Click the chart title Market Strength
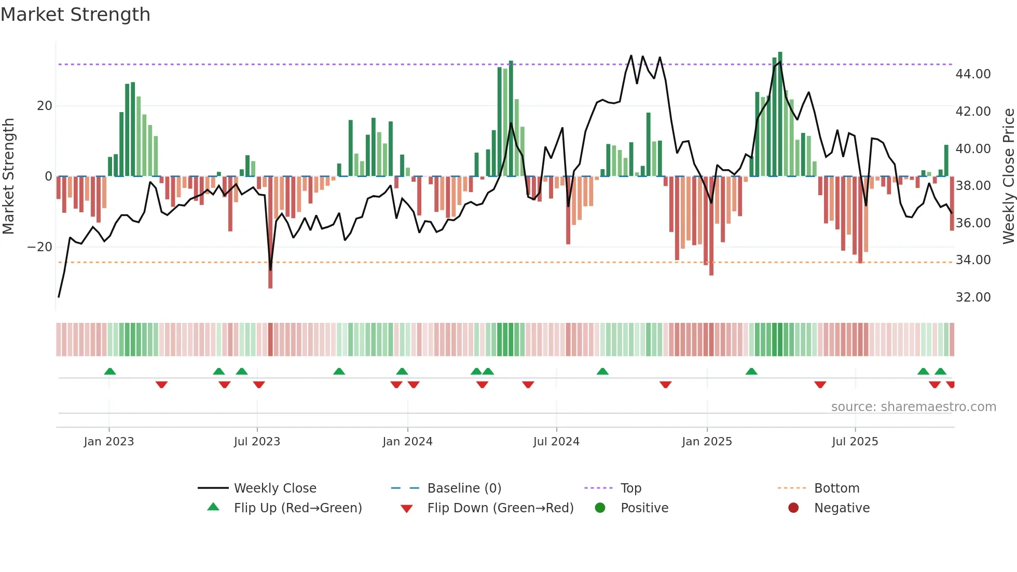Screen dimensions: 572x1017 [x=76, y=15]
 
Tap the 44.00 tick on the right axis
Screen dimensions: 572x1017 [x=973, y=74]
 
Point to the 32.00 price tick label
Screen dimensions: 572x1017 [x=973, y=297]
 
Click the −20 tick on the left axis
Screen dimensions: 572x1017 [x=40, y=247]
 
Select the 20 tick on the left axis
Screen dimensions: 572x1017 [x=45, y=106]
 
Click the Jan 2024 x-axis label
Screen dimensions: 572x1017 [x=407, y=442]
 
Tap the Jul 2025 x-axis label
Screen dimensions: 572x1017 [x=855, y=442]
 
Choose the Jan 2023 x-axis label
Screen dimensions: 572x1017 [x=109, y=442]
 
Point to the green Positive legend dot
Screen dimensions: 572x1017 [x=600, y=508]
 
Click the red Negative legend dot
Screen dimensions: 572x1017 [x=793, y=508]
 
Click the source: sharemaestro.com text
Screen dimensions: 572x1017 [x=913, y=407]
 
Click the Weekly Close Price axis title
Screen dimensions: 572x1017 [x=1008, y=176]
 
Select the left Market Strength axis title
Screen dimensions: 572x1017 [x=9, y=176]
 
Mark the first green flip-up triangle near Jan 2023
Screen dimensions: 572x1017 [x=110, y=372]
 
